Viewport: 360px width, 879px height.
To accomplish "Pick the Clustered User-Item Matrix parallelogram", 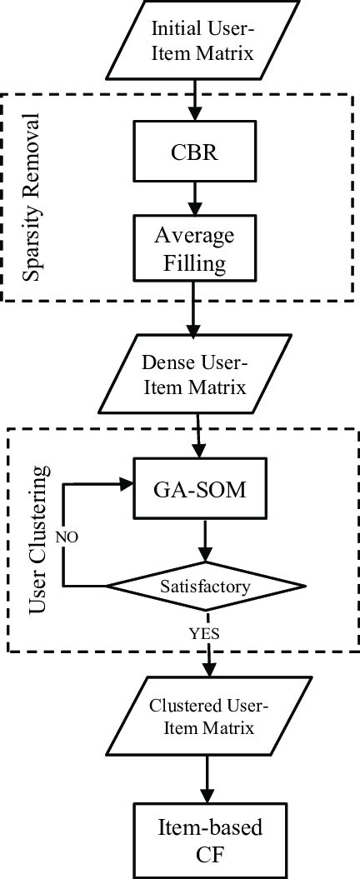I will point(208,716).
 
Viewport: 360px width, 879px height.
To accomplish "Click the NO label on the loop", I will point(67,537).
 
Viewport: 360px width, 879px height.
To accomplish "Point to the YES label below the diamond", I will point(203,634).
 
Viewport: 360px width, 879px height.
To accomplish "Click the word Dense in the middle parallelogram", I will point(167,362).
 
